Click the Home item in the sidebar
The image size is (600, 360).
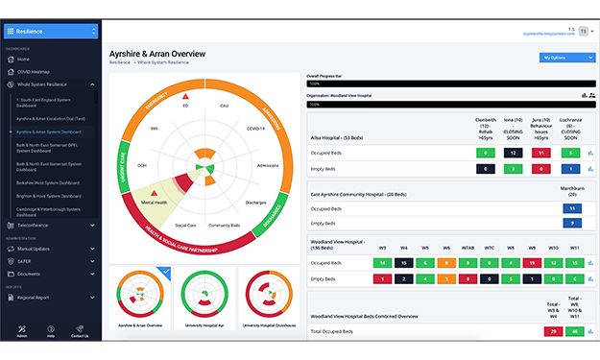[23, 59]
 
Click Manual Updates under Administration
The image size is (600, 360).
[35, 249]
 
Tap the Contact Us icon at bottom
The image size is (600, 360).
[80, 329]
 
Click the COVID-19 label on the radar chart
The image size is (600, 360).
[255, 128]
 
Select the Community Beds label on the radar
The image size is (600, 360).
[224, 225]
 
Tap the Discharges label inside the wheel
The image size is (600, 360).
[255, 203]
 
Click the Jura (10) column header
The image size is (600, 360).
[541, 128]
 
